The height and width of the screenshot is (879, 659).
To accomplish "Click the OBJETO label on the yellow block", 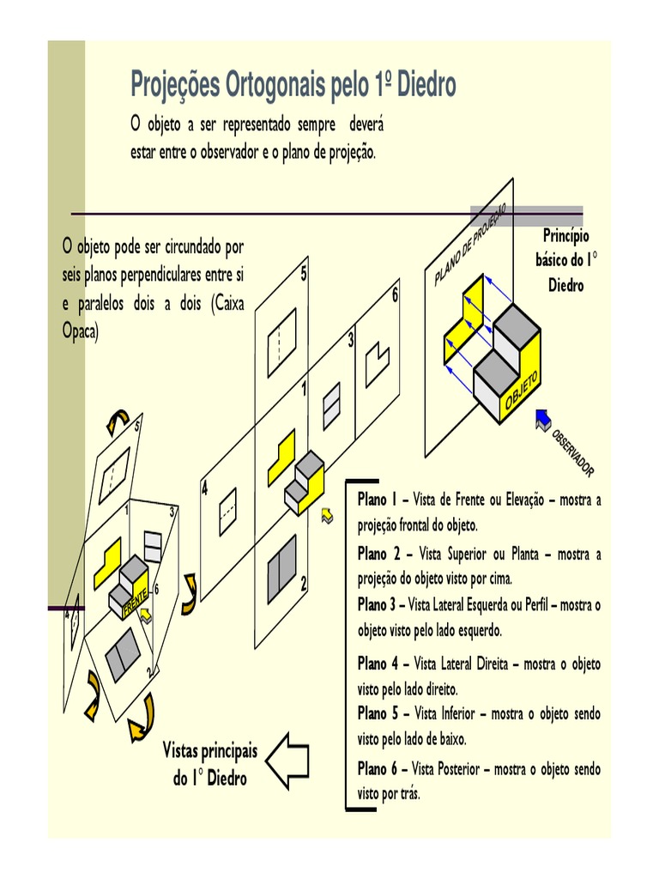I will (521, 391).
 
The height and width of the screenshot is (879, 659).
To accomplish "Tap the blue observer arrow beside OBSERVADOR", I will (542, 418).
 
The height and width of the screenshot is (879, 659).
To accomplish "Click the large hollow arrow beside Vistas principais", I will (287, 760).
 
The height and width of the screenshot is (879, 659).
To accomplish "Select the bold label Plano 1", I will (378, 500).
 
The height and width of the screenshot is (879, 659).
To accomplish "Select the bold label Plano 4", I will (378, 664).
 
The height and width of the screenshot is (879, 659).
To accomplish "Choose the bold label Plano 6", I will (378, 769).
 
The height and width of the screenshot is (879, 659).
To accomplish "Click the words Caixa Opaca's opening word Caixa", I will (225, 306).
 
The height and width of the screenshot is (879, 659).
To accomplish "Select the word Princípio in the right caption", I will (565, 236).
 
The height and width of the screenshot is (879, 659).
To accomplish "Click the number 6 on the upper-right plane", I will (396, 296).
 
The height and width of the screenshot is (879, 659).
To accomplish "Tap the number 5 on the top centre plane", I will (304, 274).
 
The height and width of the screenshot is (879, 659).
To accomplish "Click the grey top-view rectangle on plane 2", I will (281, 569).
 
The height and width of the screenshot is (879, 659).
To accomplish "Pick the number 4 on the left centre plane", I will (205, 490).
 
